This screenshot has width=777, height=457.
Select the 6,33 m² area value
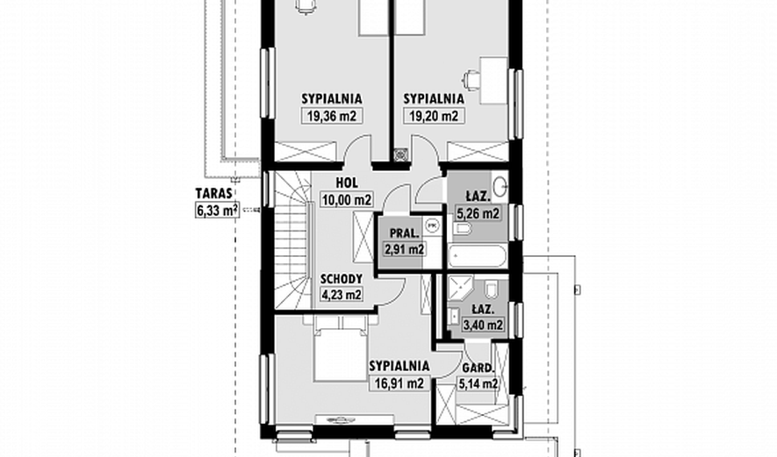pyautogui.click(x=218, y=210)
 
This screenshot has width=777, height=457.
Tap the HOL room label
pyautogui.click(x=347, y=183)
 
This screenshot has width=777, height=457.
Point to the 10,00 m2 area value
pyautogui.click(x=347, y=200)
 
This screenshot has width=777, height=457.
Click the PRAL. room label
pyautogui.click(x=405, y=233)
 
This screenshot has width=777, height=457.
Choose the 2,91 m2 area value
pyautogui.click(x=405, y=249)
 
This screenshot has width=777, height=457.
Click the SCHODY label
pyautogui.click(x=341, y=279)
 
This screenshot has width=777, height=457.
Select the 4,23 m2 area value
pyautogui.click(x=342, y=295)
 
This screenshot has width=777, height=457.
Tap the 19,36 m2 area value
pyautogui.click(x=332, y=117)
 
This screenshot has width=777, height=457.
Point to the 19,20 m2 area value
pyautogui.click(x=434, y=117)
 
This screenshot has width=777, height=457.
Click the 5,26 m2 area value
pyautogui.click(x=478, y=214)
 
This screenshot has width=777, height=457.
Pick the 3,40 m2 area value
pyautogui.click(x=483, y=325)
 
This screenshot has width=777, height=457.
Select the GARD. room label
pyautogui.click(x=478, y=368)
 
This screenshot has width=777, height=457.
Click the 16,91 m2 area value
pyautogui.click(x=399, y=383)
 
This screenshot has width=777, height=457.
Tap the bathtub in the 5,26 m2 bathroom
pyautogui.click(x=478, y=257)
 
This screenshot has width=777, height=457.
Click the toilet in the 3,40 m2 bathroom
pyautogui.click(x=492, y=289)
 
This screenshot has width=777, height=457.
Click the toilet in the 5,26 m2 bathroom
pyautogui.click(x=461, y=229)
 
